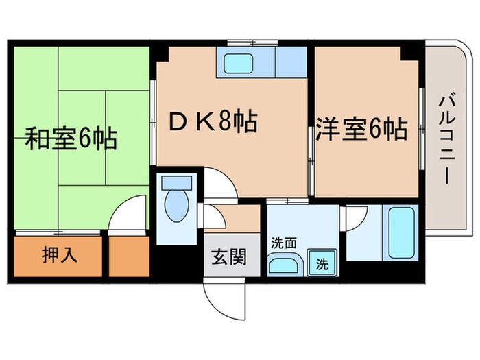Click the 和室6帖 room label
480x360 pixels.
tap(71, 138)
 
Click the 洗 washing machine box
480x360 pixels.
tap(320, 262)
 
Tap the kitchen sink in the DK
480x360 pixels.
tap(245, 62)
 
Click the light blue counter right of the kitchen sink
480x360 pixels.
tap(291, 62)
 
